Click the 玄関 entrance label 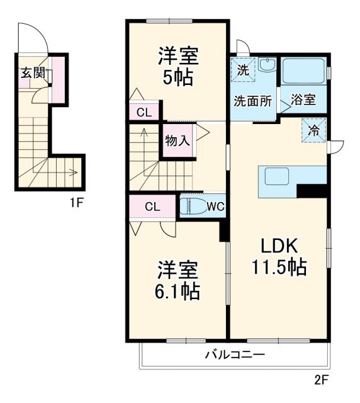(33, 72)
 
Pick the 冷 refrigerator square (313, 130)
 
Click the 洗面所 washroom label (253, 101)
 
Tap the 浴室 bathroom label (303, 101)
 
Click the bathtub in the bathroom (303, 71)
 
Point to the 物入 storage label (177, 140)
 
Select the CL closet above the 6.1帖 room (152, 207)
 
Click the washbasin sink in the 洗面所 (267, 66)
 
